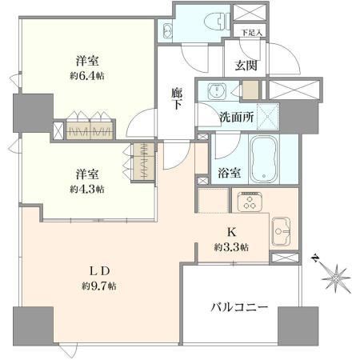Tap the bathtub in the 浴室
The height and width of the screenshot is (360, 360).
(x=264, y=160)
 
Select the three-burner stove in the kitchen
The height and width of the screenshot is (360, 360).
(x=250, y=202)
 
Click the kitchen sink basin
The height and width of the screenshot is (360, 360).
(x=281, y=231)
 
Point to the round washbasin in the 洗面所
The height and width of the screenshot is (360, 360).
(x=217, y=90)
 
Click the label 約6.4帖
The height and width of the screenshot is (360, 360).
(x=87, y=77)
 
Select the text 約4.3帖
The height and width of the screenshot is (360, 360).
(x=87, y=190)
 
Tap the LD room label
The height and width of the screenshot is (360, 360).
(x=99, y=271)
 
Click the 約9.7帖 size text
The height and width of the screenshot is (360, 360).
(x=99, y=286)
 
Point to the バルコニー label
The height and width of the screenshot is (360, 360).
(x=239, y=308)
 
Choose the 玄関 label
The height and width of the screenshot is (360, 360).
(x=246, y=65)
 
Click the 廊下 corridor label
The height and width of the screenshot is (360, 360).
(x=177, y=98)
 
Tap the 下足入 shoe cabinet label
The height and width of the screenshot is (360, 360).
(x=251, y=33)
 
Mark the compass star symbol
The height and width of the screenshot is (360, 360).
(x=334, y=278)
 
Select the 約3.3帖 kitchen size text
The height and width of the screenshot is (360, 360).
(x=231, y=247)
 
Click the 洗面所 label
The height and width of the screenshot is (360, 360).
(x=237, y=118)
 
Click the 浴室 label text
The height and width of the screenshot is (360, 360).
(x=230, y=173)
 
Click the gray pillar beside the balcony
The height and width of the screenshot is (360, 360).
(x=298, y=326)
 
